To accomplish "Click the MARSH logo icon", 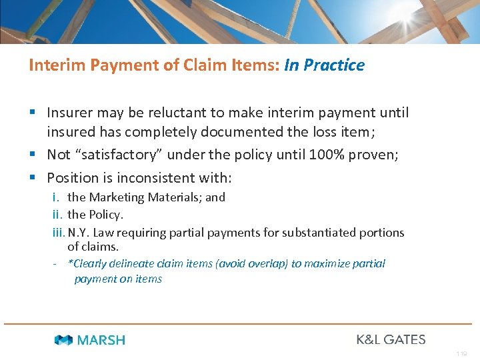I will [x=63, y=340].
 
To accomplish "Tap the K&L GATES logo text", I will [x=391, y=339].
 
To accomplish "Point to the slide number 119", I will [x=462, y=354].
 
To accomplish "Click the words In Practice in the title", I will [x=324, y=65].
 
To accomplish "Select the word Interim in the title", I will [x=52, y=65].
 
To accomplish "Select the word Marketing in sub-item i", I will [x=117, y=197].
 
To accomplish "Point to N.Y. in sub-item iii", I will [x=79, y=233].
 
